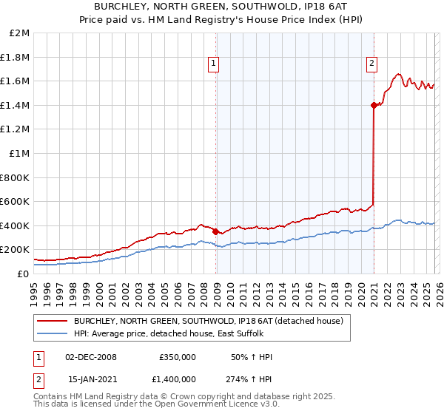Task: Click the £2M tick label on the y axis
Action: [x=19, y=33]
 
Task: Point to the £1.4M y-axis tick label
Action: [x=15, y=105]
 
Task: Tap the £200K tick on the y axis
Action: [x=15, y=250]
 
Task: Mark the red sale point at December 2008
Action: [x=215, y=231]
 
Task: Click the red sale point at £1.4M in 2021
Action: [x=374, y=105]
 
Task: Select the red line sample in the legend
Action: [x=53, y=322]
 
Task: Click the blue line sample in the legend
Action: [x=53, y=334]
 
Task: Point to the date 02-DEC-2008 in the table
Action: [x=92, y=357]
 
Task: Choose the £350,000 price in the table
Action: [x=178, y=357]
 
